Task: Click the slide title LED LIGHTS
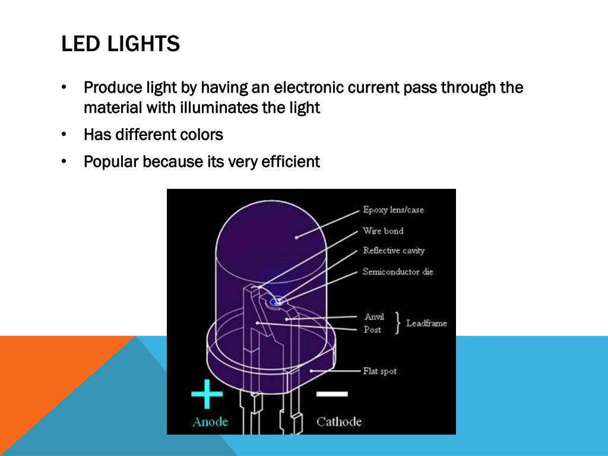point(121,44)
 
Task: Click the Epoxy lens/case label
point(393,210)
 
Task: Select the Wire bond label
point(383,231)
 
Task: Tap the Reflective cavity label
point(394,251)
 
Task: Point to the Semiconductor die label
point(398,272)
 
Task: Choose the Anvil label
point(374,317)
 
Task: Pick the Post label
point(372,330)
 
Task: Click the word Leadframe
point(426,324)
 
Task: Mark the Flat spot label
point(379,371)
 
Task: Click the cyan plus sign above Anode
point(207,394)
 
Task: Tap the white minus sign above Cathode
point(332,394)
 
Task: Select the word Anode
point(210,422)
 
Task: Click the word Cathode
point(338,422)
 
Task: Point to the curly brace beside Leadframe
point(397,323)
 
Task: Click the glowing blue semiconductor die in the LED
point(275,303)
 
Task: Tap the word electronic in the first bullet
point(308,88)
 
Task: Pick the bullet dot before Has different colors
point(64,135)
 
